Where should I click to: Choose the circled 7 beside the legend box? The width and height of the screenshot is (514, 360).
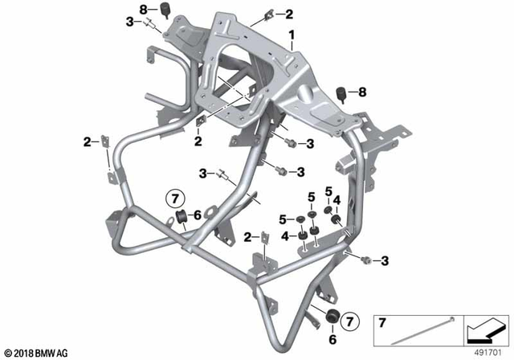click(348, 322)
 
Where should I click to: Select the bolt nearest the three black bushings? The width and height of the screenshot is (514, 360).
click(365, 259)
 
